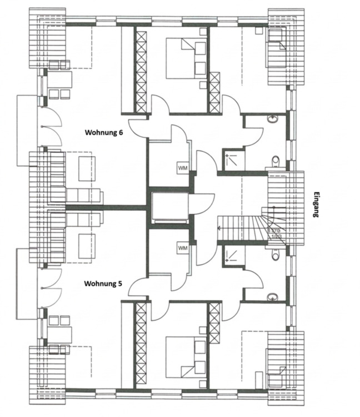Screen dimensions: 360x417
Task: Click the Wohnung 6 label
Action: point(103,132)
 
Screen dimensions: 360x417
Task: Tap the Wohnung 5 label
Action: point(103,284)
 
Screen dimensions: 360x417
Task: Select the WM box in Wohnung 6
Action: point(183,167)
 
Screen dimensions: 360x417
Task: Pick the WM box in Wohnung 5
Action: point(183,248)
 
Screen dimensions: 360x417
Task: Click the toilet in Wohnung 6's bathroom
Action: point(274,162)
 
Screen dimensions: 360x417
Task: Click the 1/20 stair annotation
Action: point(274,236)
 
